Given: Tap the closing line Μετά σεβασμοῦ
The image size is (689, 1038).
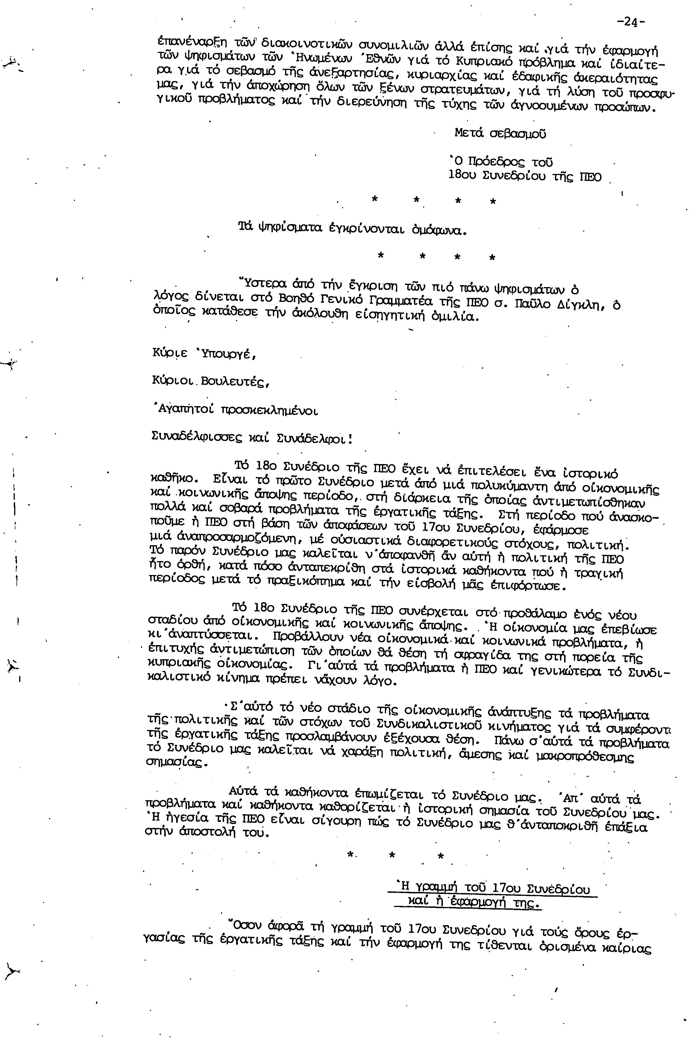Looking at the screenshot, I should coord(501,134).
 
